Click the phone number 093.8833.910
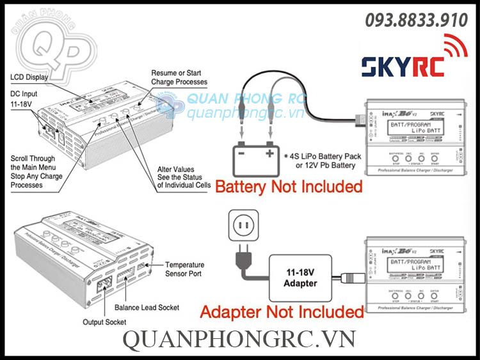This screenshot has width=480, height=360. [x=417, y=20]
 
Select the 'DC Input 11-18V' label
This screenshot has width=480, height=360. [x=24, y=98]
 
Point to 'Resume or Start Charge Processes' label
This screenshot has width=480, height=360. [x=179, y=77]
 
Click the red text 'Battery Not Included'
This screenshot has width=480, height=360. [x=289, y=187]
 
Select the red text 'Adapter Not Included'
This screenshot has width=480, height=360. [x=282, y=311]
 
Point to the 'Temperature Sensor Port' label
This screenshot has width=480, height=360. [x=184, y=269]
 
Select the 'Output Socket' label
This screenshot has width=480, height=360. [x=104, y=322]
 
